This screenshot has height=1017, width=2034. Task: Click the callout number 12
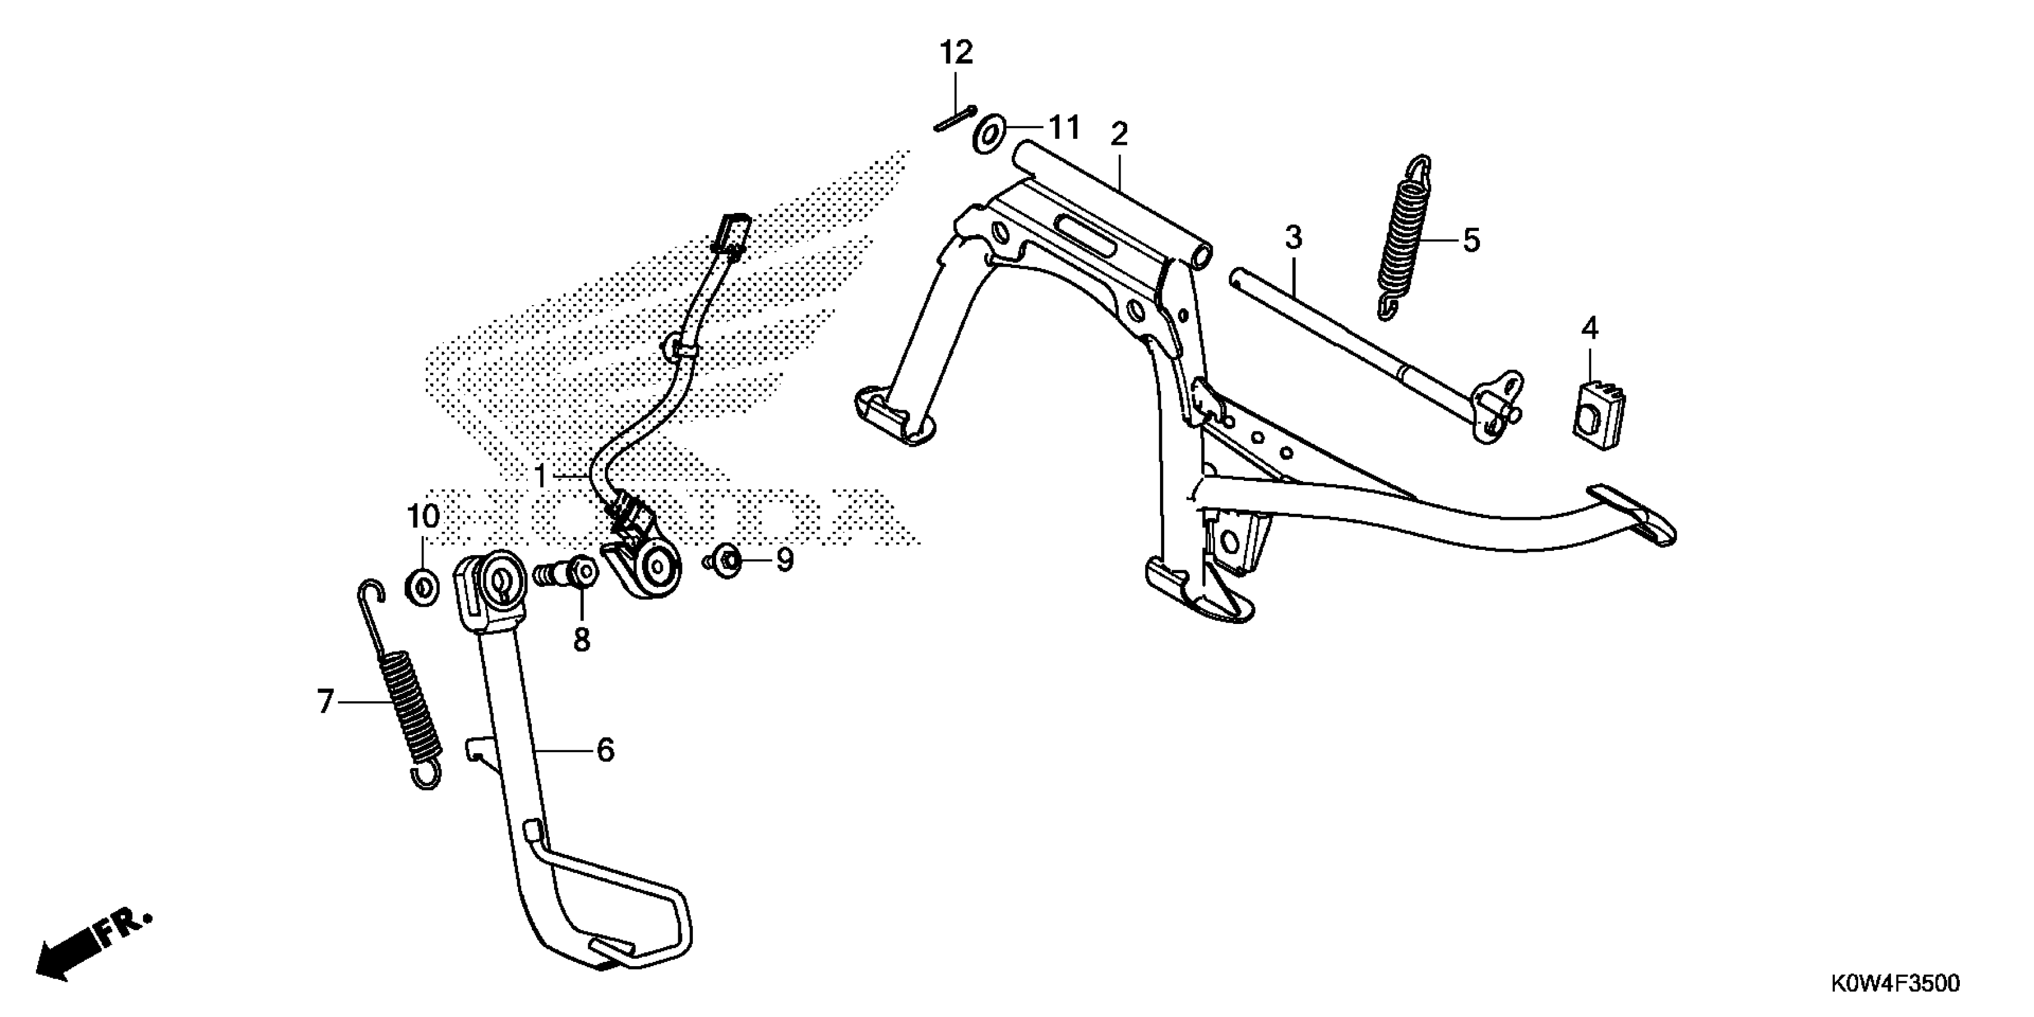pos(955,54)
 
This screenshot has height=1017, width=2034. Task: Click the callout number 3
pos(1293,237)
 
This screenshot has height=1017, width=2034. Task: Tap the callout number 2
pos(1118,135)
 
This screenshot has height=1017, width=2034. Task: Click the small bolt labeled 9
pos(726,561)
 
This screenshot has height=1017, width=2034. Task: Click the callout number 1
pos(541,476)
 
